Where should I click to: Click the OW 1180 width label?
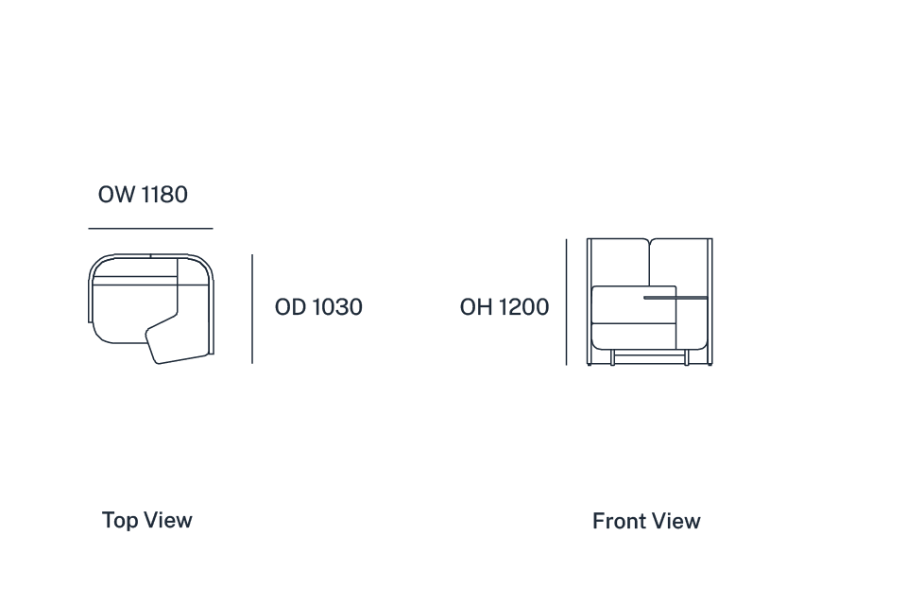(x=143, y=195)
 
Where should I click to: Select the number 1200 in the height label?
(x=523, y=307)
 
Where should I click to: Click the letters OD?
(x=290, y=307)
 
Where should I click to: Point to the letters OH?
(x=476, y=307)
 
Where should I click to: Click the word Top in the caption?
(x=120, y=521)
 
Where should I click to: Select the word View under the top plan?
(x=168, y=520)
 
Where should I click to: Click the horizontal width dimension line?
(x=150, y=229)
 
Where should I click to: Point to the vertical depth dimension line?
(x=252, y=308)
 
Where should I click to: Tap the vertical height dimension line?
(x=566, y=302)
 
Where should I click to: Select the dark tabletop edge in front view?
(x=676, y=298)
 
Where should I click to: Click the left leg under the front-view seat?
(x=612, y=357)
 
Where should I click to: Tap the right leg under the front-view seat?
(x=687, y=357)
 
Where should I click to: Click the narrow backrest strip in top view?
(x=135, y=281)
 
